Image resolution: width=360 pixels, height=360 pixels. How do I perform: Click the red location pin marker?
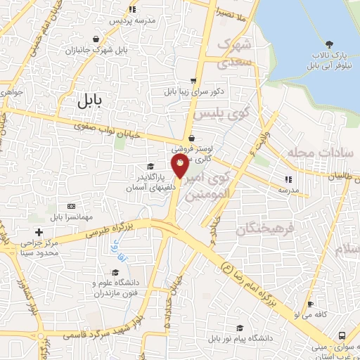pyautogui.click(x=181, y=167)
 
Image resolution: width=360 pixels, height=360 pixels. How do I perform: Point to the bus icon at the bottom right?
pyautogui.click(x=342, y=335)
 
